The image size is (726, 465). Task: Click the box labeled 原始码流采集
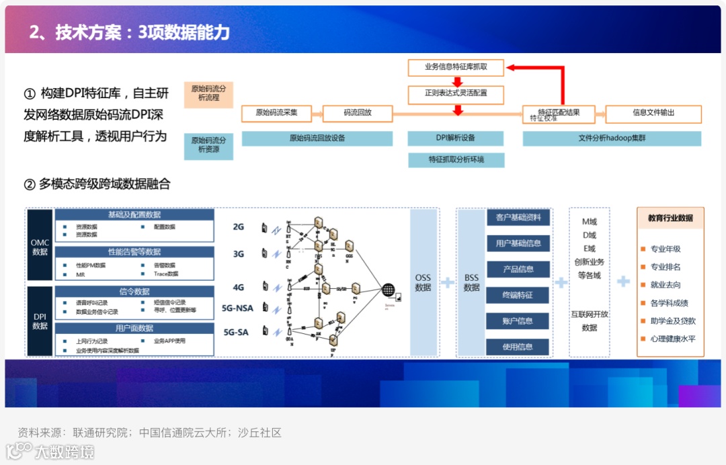(x=276, y=113)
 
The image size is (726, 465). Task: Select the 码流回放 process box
(x=358, y=113)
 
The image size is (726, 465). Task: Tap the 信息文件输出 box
(x=653, y=113)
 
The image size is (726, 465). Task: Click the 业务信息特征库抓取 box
(x=456, y=67)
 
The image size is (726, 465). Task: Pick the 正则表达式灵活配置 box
(x=456, y=93)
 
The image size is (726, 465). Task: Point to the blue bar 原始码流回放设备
(x=317, y=138)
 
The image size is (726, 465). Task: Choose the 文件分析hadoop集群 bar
(x=612, y=138)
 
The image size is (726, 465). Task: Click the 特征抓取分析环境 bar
(x=456, y=160)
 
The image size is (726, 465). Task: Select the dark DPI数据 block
(x=40, y=321)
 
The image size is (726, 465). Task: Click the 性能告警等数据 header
(x=134, y=252)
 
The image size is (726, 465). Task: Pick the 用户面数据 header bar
(x=134, y=328)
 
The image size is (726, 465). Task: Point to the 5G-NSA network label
(x=237, y=308)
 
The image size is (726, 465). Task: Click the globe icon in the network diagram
(x=389, y=290)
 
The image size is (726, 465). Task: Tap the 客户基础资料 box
(x=518, y=218)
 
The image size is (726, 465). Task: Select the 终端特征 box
(x=518, y=295)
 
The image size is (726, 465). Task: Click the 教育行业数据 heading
(x=670, y=218)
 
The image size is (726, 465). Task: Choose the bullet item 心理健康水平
(x=673, y=339)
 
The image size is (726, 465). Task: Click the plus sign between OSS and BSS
(x=447, y=282)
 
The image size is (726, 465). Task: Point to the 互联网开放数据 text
(x=590, y=321)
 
